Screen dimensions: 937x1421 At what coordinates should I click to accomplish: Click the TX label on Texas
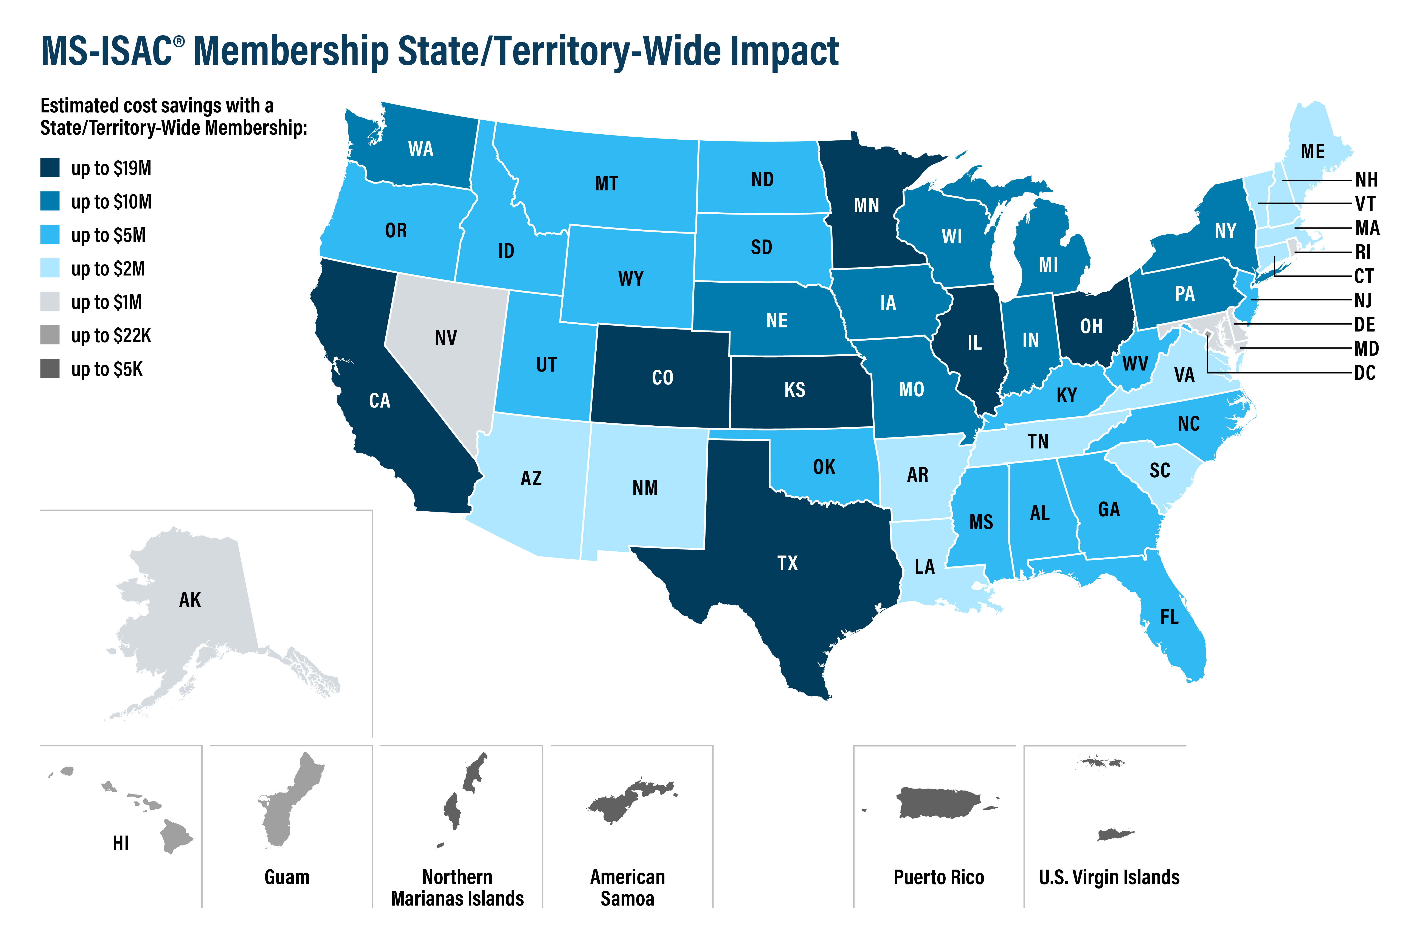coord(787,563)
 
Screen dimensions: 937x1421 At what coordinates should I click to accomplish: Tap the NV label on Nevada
coord(446,338)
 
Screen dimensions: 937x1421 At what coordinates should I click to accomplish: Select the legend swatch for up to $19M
coord(50,168)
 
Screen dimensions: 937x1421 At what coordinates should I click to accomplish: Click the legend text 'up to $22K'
coord(111,336)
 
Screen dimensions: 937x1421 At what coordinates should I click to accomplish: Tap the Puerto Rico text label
coord(938,877)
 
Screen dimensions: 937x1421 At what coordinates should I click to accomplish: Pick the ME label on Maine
coord(1312,152)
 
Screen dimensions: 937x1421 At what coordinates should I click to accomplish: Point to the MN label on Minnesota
coord(866,205)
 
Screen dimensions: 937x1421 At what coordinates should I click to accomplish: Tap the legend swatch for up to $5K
coord(50,369)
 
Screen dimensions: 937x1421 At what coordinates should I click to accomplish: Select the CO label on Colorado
coord(662,378)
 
